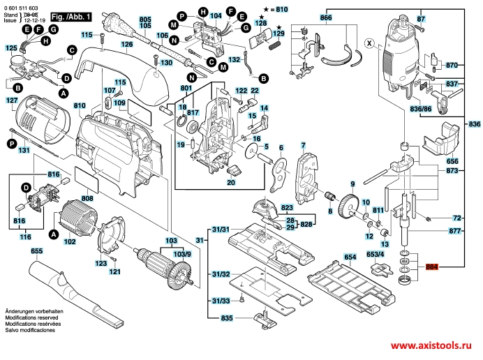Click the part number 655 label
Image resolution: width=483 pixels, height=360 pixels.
click(x=36, y=250)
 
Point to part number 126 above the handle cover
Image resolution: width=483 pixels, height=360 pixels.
click(x=126, y=45)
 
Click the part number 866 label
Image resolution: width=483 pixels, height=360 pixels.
click(x=327, y=17)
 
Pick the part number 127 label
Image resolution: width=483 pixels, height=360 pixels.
click(x=12, y=100)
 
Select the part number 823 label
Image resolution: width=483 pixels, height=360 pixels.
click(x=287, y=208)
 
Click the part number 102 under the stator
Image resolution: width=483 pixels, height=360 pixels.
click(x=70, y=242)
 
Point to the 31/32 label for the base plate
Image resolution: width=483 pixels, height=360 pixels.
click(x=221, y=275)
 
